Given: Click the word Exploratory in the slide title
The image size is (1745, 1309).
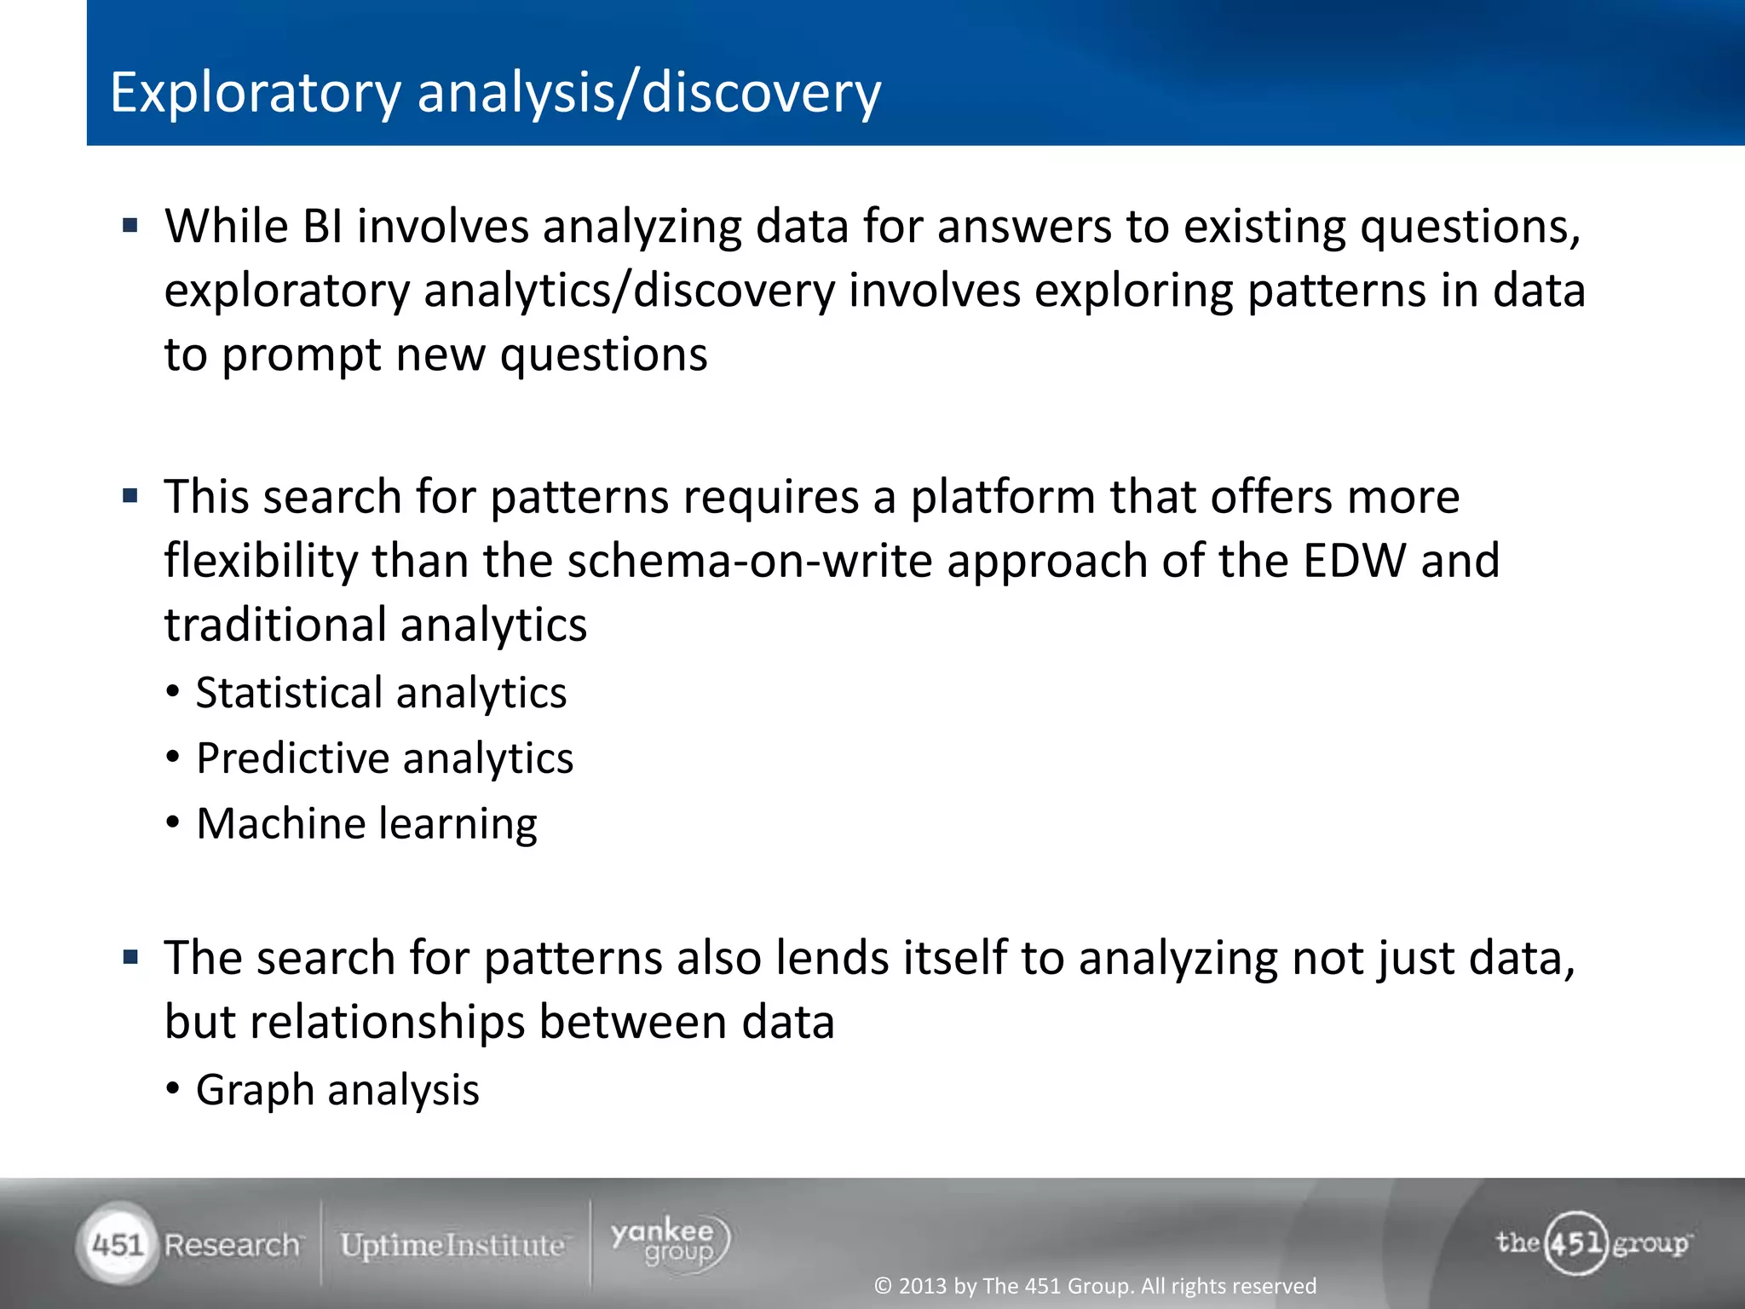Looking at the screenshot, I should pyautogui.click(x=255, y=93).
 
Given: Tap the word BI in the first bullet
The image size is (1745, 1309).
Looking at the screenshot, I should pyautogui.click(x=322, y=228).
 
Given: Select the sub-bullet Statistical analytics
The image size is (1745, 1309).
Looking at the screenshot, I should pyautogui.click(x=381, y=692).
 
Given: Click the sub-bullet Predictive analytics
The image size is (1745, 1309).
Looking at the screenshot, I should pyautogui.click(x=384, y=758).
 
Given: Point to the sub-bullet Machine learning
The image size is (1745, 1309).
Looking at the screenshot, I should pyautogui.click(x=366, y=823).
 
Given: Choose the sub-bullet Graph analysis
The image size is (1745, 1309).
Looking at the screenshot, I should pyautogui.click(x=337, y=1089).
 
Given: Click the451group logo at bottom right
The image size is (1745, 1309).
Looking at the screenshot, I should pyautogui.click(x=1592, y=1243).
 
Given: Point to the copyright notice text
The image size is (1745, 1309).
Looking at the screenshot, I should pyautogui.click(x=1095, y=1285).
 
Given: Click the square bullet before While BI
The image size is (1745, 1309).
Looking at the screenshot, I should pyautogui.click(x=130, y=226).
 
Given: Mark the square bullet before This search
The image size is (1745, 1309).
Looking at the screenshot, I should pyautogui.click(x=130, y=496).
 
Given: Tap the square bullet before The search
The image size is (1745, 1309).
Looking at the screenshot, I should pyautogui.click(x=130, y=957).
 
